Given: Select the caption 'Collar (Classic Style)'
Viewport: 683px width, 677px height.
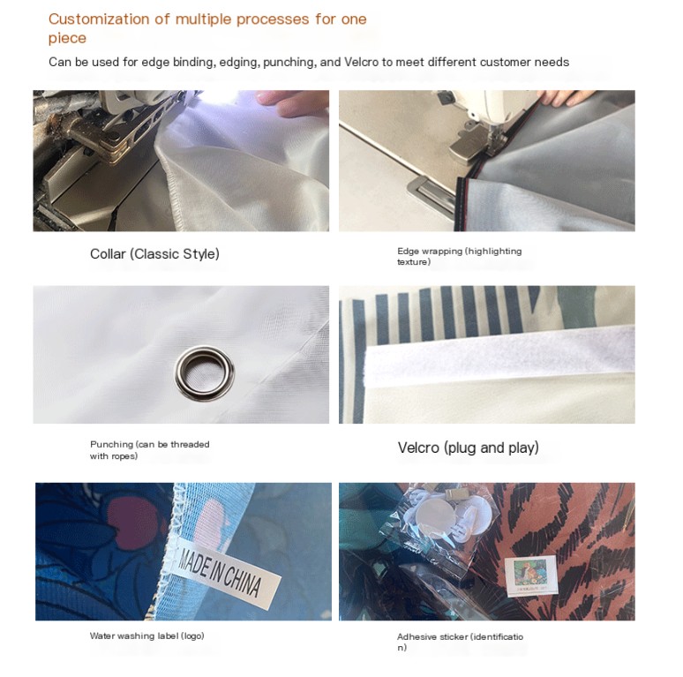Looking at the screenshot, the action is tap(154, 253).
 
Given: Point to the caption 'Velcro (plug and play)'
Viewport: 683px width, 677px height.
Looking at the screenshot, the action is tap(468, 448).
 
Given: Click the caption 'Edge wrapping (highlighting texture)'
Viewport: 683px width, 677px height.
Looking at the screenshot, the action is tap(459, 256).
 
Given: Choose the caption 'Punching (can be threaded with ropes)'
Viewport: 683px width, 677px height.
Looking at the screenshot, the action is tap(149, 450).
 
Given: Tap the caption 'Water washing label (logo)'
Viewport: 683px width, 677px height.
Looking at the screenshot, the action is tap(146, 636).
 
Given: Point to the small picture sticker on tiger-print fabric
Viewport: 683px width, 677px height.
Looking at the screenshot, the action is tap(531, 575).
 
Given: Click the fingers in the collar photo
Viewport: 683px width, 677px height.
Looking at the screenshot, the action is tap(292, 102).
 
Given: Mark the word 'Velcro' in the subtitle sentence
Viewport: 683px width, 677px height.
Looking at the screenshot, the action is tap(361, 62).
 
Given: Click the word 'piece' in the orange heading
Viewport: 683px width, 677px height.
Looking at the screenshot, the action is tap(67, 38).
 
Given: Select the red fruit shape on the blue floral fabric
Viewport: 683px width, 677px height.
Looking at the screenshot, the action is tap(131, 523).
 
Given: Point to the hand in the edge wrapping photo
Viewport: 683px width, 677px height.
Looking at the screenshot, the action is tap(567, 98).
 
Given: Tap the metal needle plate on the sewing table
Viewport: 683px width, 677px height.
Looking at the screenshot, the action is tap(429, 192).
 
